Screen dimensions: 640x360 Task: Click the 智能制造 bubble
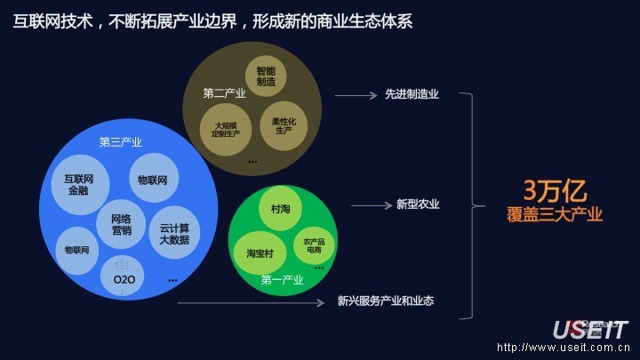click(x=266, y=76)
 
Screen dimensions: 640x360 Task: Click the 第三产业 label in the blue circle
click(x=120, y=142)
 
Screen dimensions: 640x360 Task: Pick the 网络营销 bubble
click(x=122, y=223)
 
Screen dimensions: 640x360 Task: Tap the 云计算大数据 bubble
click(x=174, y=233)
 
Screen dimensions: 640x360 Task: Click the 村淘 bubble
click(x=268, y=208)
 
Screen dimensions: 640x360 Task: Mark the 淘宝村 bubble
click(x=260, y=253)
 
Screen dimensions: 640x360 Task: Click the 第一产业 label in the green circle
click(x=283, y=280)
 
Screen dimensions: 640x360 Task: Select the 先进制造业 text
click(x=412, y=94)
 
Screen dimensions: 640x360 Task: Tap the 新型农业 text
click(x=418, y=204)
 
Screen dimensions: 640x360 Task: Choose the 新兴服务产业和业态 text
click(x=386, y=301)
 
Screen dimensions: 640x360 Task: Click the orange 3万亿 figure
click(x=555, y=191)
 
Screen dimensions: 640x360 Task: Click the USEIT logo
click(x=590, y=330)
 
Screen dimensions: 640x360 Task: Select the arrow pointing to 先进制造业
click(x=356, y=95)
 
